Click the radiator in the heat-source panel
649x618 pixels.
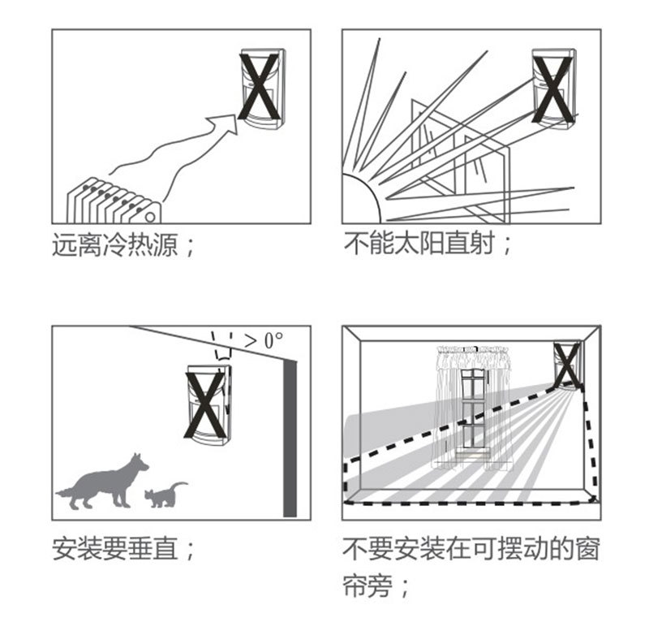(x=113, y=201)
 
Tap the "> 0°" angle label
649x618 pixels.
(x=264, y=340)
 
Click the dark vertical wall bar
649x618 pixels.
(x=290, y=439)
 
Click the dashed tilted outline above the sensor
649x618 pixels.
(x=222, y=346)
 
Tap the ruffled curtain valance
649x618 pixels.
(x=474, y=356)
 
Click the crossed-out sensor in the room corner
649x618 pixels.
(x=567, y=365)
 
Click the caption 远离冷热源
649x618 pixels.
(x=115, y=244)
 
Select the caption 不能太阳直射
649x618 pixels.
(x=419, y=243)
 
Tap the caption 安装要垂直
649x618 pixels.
(x=115, y=548)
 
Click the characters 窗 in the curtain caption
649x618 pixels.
(x=587, y=548)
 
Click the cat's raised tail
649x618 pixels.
(x=179, y=486)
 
